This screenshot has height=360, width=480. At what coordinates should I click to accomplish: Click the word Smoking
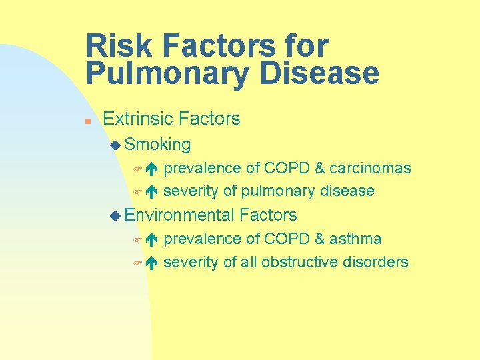pyautogui.click(x=157, y=144)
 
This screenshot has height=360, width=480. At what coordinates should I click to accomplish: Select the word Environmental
pyautogui.click(x=179, y=215)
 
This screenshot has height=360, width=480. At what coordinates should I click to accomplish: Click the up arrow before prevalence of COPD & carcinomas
pyautogui.click(x=151, y=169)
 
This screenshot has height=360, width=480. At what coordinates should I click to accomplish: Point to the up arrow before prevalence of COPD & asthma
pyautogui.click(x=151, y=239)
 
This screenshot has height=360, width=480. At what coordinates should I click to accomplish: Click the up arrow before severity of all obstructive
pyautogui.click(x=151, y=263)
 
